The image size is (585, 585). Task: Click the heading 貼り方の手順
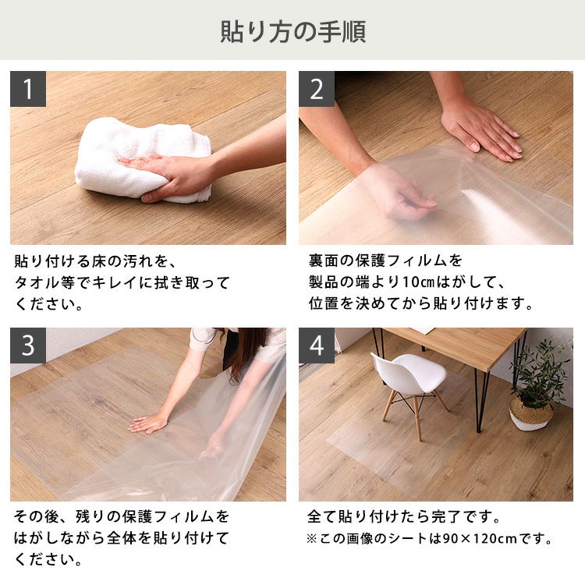[292, 31]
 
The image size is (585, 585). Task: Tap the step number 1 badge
[28, 89]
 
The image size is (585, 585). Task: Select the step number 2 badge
[317, 89]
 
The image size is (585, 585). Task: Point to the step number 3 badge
[28, 346]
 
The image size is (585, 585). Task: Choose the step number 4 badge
[317, 346]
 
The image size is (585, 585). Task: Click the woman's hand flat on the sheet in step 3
[148, 423]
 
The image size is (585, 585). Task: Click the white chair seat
[409, 371]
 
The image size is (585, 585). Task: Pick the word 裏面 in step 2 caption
[323, 261]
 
